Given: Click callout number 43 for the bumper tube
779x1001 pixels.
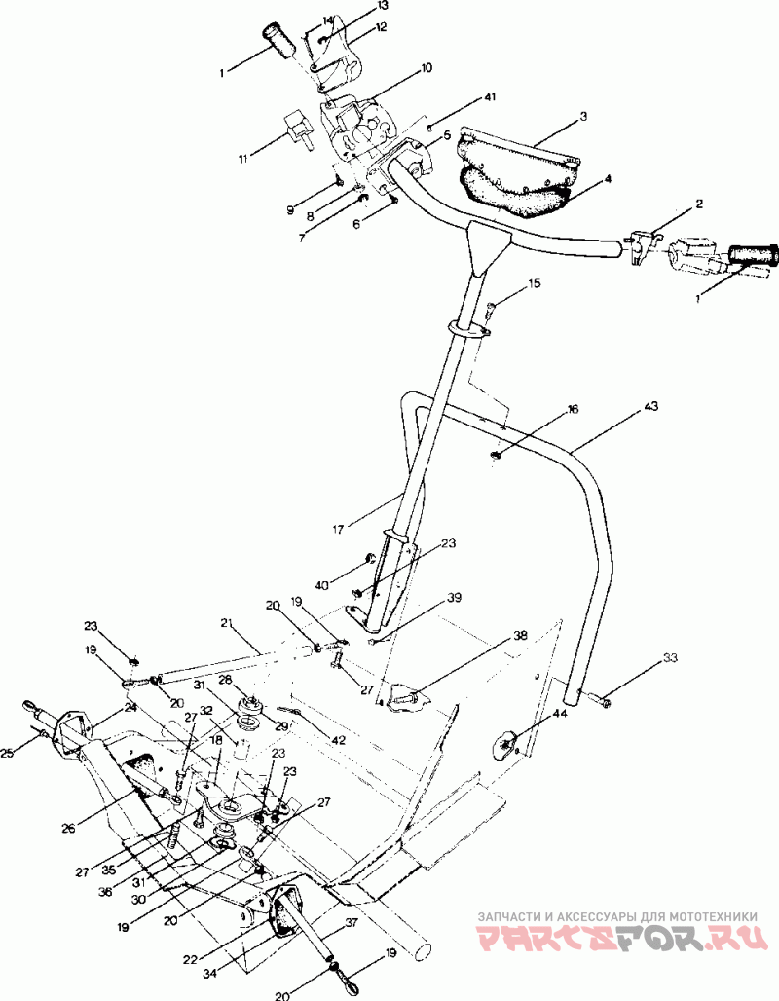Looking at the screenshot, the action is [651, 407].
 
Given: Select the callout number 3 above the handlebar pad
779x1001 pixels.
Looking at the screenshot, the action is [583, 116].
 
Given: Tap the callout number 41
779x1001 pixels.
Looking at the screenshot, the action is [489, 97].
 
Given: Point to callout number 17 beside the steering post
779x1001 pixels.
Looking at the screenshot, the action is [339, 529].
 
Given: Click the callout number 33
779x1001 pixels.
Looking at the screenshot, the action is [670, 657].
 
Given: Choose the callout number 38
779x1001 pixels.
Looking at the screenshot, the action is [520, 636].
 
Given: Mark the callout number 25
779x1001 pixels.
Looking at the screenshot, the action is [7, 754].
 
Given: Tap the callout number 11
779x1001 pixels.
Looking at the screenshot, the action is [243, 159].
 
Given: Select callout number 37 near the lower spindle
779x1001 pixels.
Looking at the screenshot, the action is [352, 922].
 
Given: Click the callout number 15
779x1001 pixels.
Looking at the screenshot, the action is [535, 282].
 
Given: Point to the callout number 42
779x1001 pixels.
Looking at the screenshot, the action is [338, 740].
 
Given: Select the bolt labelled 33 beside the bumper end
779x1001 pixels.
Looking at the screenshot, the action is [598, 701].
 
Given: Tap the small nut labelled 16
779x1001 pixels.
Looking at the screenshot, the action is [496, 454].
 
